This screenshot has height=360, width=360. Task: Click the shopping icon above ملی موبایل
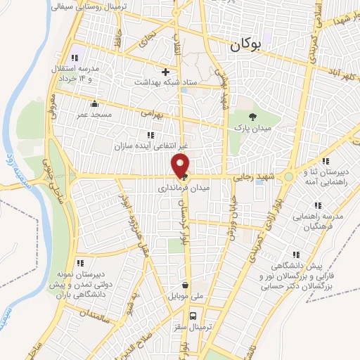[x=185, y=285]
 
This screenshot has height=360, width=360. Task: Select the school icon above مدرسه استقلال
[x=73, y=58]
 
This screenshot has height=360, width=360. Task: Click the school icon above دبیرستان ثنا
[x=324, y=161]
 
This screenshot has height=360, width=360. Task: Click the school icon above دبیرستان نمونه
[x=79, y=263]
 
